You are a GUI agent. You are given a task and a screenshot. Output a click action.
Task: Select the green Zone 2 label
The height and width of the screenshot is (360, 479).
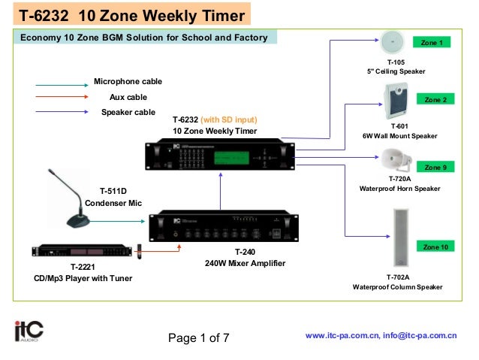pos(435,100)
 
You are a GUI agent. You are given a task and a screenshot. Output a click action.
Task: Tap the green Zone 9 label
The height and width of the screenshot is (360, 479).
pos(435,167)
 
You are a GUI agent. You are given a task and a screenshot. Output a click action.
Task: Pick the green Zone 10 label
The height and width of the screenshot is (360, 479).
pos(435,247)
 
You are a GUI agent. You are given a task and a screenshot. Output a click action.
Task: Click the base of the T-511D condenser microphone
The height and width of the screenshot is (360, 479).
pos(78,221)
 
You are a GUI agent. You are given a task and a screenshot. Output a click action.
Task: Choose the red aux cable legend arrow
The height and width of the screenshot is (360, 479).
pos(61,97)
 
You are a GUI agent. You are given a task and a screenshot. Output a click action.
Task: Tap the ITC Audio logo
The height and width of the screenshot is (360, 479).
pos(29,331)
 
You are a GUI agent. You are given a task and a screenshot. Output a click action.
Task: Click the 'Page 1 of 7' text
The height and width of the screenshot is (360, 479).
pos(198,337)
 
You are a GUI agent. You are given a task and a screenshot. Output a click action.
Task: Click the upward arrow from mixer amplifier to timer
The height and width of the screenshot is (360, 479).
pos(221,191)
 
